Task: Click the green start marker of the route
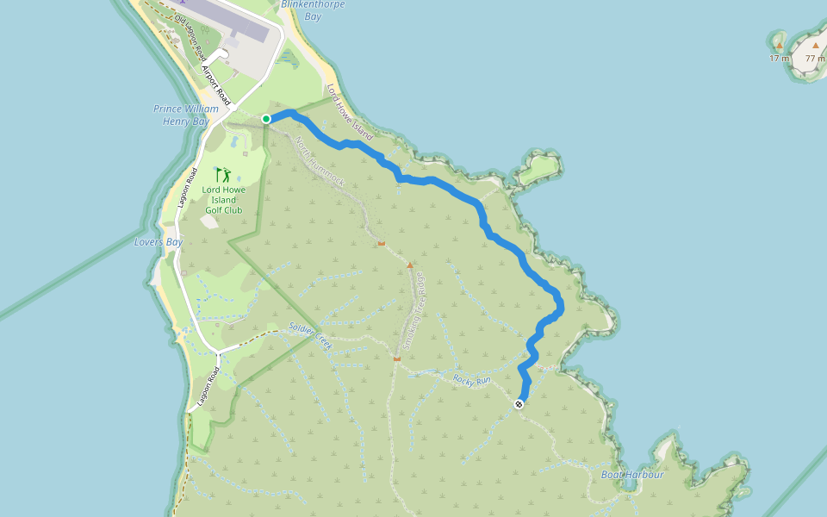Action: coord(266,119)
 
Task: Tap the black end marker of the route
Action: coord(519,404)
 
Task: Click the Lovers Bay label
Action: coord(159,242)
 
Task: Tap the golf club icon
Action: coord(222,175)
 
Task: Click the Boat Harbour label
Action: coord(632,475)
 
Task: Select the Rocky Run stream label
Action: coord(472,379)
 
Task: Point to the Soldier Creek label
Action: coord(311,335)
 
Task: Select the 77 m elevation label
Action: coord(815,59)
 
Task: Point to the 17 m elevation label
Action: coord(779,59)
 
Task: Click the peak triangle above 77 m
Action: coord(815,44)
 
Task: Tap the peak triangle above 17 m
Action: coord(779,45)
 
